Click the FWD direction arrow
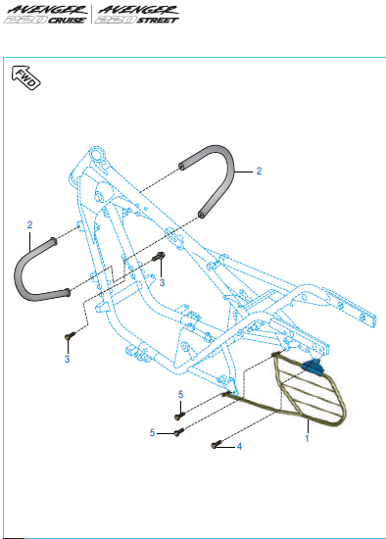tap(25, 77)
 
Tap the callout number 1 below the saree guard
tap(307, 438)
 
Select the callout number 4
tap(239, 446)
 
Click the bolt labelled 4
tap(217, 445)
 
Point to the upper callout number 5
tap(181, 395)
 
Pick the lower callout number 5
tap(152, 432)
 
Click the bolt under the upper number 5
tap(179, 416)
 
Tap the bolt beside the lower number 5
tap(178, 432)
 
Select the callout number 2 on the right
tap(259, 171)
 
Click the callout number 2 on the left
tap(30, 224)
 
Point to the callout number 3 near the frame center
tap(162, 282)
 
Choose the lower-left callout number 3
tap(67, 359)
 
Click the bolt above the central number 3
tap(160, 256)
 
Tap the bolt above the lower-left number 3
tap(70, 335)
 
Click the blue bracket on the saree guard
tap(314, 367)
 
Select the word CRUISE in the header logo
tap(67, 21)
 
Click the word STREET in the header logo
tap(158, 21)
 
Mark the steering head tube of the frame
tap(98, 155)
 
